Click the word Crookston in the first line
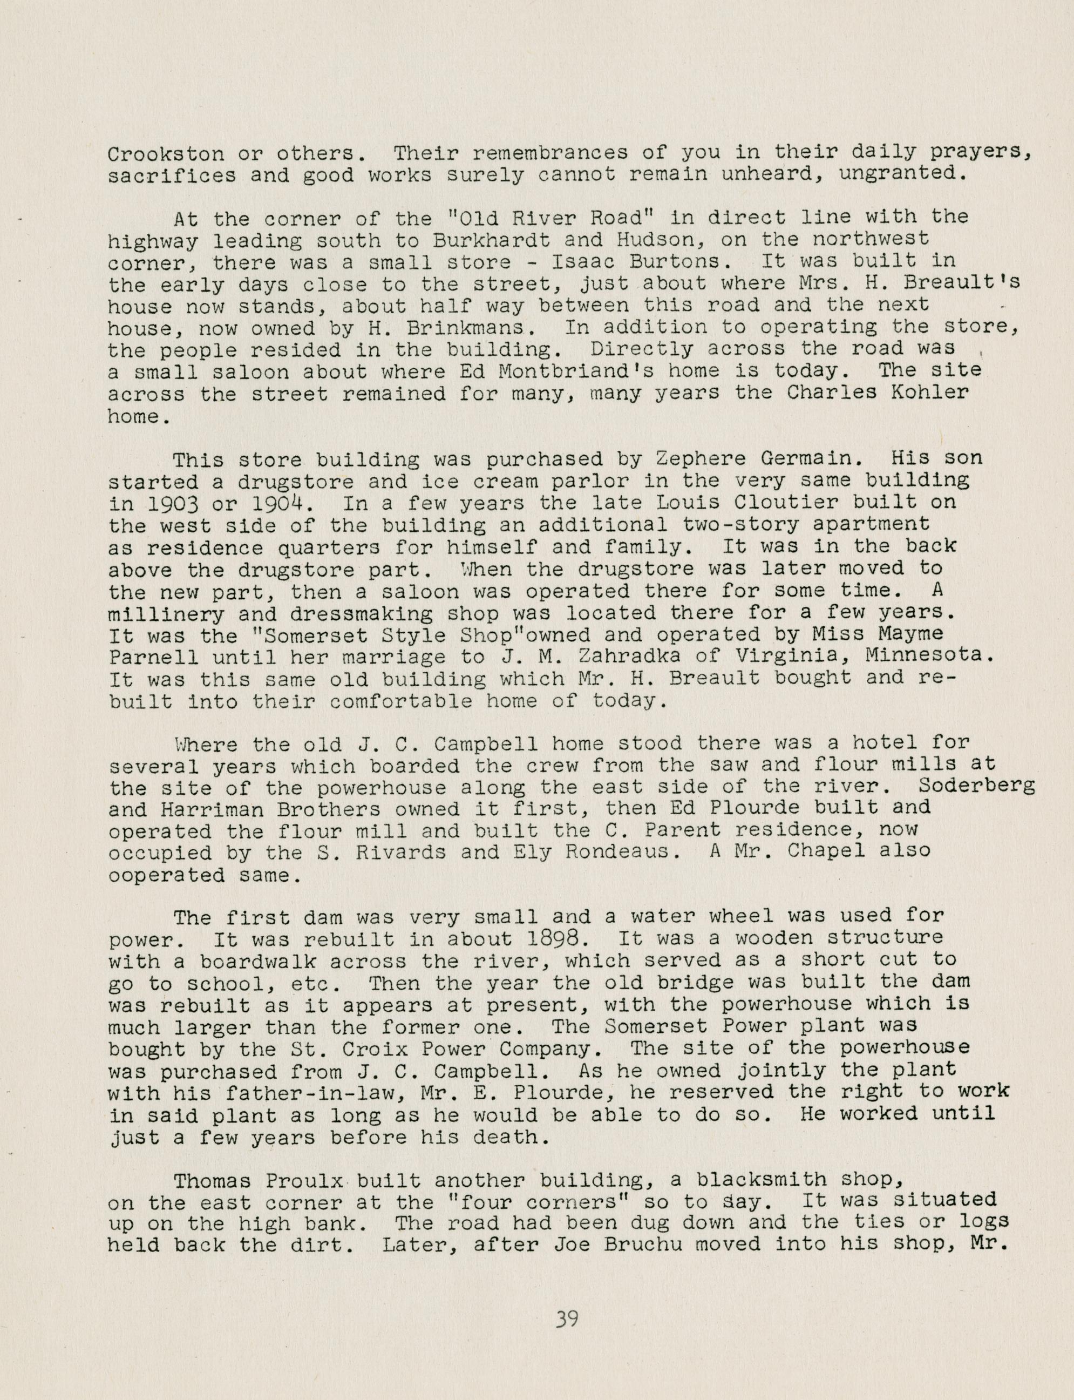[x=166, y=153]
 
